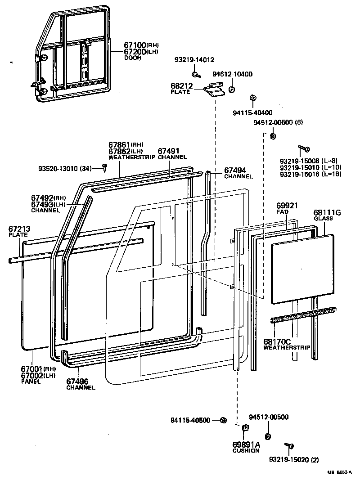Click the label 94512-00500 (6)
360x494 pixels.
point(275,122)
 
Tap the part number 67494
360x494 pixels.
point(235,171)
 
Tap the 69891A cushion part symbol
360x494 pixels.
point(245,428)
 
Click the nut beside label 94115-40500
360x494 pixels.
point(223,420)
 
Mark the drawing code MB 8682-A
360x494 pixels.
point(339,472)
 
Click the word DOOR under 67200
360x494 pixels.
point(132,58)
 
